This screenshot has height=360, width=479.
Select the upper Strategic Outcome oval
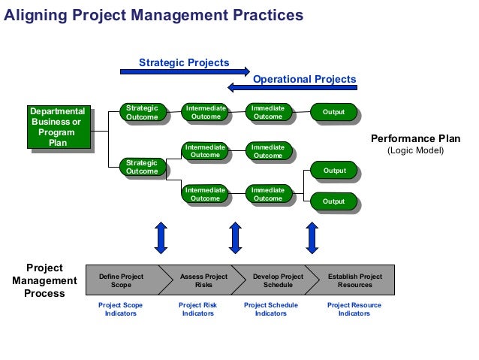(x=142, y=112)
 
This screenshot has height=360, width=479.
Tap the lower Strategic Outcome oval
(x=142, y=167)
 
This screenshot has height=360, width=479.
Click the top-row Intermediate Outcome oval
(x=205, y=112)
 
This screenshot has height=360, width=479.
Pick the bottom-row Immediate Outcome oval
(x=268, y=195)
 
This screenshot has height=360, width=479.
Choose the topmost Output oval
(x=333, y=112)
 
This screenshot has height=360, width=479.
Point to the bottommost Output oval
(x=333, y=201)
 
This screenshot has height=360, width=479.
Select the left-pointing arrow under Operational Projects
(x=292, y=88)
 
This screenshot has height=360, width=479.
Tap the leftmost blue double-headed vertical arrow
(x=161, y=237)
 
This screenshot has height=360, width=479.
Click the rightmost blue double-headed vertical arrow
(x=312, y=237)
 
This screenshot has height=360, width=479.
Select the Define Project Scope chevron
(x=122, y=281)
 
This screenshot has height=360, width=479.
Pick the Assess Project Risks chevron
(x=203, y=281)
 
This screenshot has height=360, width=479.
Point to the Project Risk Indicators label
(x=197, y=309)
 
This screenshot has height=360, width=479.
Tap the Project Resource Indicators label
(x=354, y=309)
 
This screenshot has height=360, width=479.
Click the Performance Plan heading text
(x=415, y=139)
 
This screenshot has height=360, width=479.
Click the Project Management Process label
(x=44, y=280)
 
